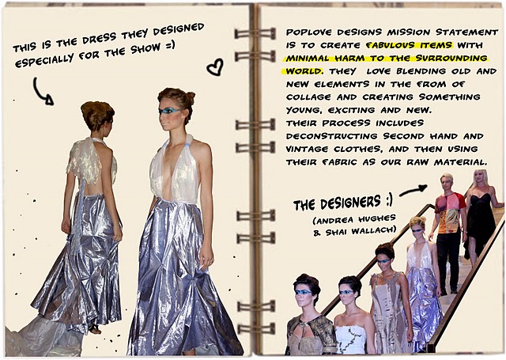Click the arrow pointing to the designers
coord(413,191)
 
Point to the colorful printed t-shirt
coord(450,213)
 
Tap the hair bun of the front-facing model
coord(190,97)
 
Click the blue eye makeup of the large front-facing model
coord(168,111)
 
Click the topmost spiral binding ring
coord(255,33)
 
